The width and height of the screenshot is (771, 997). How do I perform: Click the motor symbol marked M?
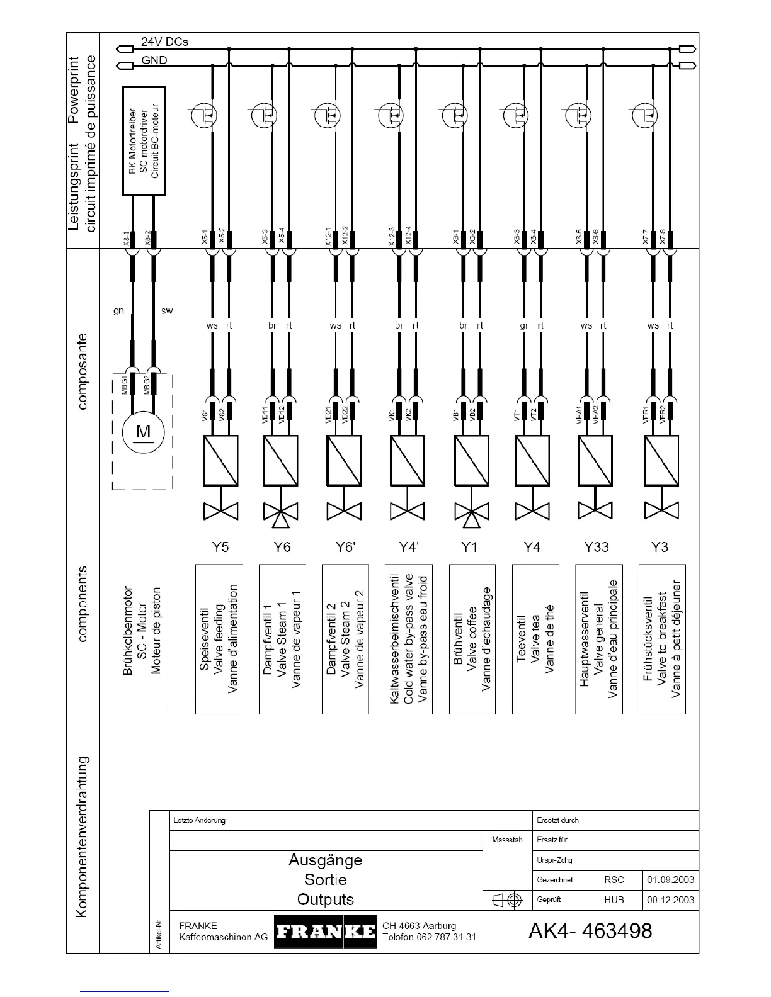point(144,432)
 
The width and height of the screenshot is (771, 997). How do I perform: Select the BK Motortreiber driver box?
point(144,141)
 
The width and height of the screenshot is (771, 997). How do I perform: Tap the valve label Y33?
point(596,546)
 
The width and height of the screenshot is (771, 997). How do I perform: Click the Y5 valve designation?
point(220,546)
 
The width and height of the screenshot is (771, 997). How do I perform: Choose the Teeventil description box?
point(535,639)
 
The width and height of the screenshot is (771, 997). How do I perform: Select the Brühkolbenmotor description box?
point(142,631)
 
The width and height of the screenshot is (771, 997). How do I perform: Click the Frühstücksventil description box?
point(662,639)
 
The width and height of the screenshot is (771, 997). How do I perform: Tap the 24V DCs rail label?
point(164,42)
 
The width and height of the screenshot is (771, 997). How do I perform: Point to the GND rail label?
point(154,60)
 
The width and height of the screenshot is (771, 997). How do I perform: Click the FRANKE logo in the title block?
point(326,932)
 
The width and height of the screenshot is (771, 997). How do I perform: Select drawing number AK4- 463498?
point(590,930)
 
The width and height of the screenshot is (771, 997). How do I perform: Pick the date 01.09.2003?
point(670,879)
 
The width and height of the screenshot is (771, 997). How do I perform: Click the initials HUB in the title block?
point(614,899)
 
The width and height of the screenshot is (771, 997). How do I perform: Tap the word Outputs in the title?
point(325,899)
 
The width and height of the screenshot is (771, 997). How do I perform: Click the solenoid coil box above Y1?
point(471,461)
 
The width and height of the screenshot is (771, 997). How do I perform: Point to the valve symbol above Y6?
point(281,513)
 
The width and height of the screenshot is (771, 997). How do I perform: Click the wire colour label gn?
point(118,311)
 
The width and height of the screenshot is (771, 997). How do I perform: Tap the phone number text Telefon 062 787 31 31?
point(429,937)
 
